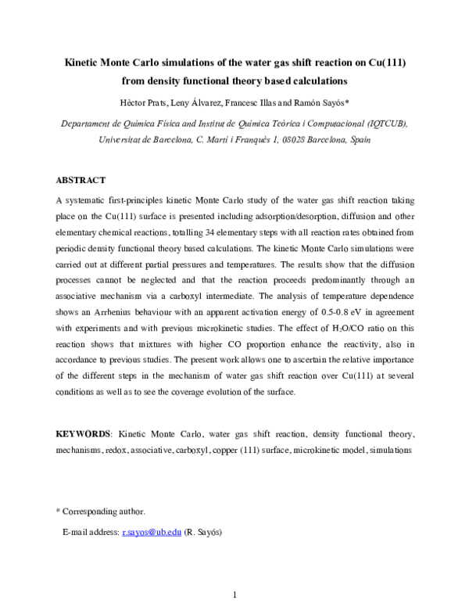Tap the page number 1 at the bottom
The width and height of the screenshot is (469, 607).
[x=234, y=596]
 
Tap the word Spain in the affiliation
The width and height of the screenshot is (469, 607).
[x=395, y=139]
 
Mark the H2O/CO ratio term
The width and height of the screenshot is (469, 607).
[x=338, y=321]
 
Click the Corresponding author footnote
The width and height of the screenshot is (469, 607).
[x=102, y=512]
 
